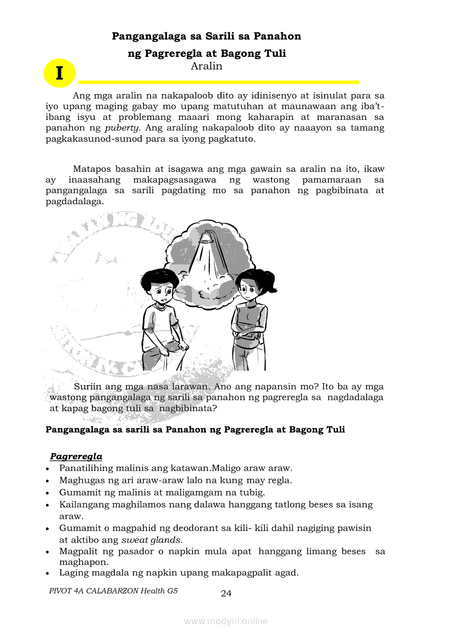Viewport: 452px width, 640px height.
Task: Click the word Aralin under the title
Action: tap(206, 66)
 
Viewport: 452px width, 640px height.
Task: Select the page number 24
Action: tap(226, 593)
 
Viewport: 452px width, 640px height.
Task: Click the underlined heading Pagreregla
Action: tap(76, 456)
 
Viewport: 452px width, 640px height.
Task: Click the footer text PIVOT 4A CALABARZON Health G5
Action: tap(113, 591)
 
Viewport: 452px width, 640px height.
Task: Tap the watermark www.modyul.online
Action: tap(226, 621)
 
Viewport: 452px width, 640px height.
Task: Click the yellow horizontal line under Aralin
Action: tap(219, 82)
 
